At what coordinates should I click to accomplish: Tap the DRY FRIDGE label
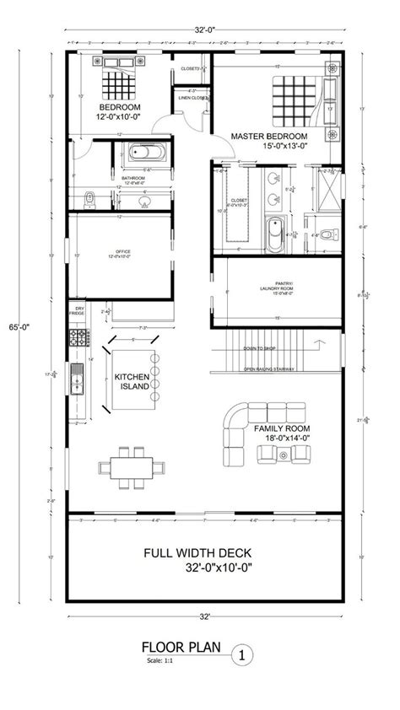(x=80, y=312)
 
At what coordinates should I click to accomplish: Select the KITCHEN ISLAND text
(x=132, y=381)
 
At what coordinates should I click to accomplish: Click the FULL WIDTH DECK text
(x=199, y=559)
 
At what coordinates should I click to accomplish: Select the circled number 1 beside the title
(x=243, y=652)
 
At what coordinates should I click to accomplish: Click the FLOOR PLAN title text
(x=181, y=648)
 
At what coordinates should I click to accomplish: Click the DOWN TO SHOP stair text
(x=260, y=348)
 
